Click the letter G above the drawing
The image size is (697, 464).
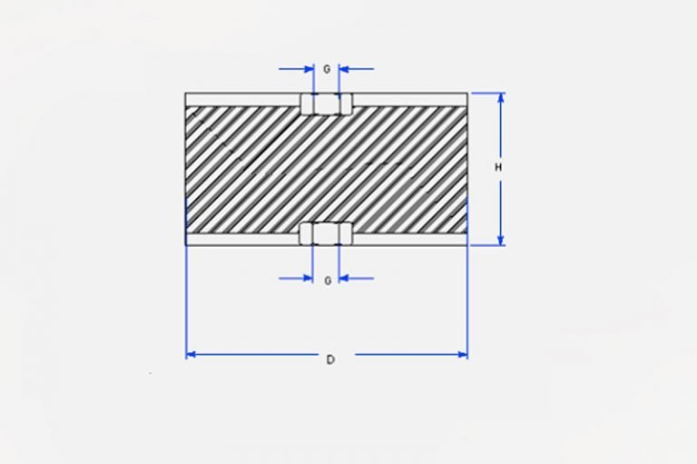(327, 69)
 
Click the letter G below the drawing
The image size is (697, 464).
(328, 281)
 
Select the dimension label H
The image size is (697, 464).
(498, 167)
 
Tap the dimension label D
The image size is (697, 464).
(330, 360)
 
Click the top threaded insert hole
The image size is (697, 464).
(327, 104)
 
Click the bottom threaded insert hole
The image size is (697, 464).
(327, 233)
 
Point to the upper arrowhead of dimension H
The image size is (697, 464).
(501, 98)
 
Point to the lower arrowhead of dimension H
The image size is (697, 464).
(501, 240)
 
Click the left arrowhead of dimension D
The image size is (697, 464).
(191, 354)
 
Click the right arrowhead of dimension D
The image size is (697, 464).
(462, 354)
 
